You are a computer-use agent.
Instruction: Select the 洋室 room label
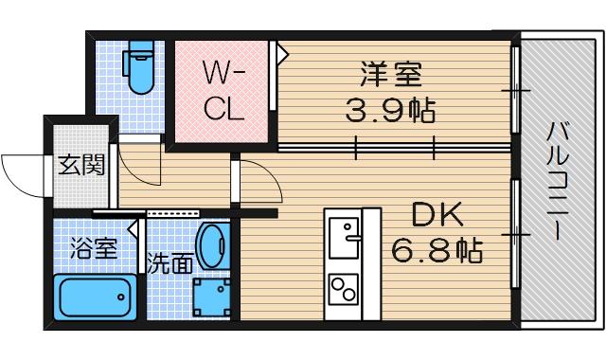pyautogui.click(x=389, y=74)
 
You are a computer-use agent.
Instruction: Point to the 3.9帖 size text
pyautogui.click(x=389, y=112)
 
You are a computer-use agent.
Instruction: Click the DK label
pyautogui.click(x=436, y=216)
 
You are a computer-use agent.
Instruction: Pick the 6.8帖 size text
pyautogui.click(x=437, y=252)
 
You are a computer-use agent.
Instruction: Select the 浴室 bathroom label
pyautogui.click(x=94, y=249)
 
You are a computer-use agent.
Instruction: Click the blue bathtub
pyautogui.click(x=94, y=297)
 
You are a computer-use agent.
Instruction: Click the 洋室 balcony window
pyautogui.click(x=516, y=91)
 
